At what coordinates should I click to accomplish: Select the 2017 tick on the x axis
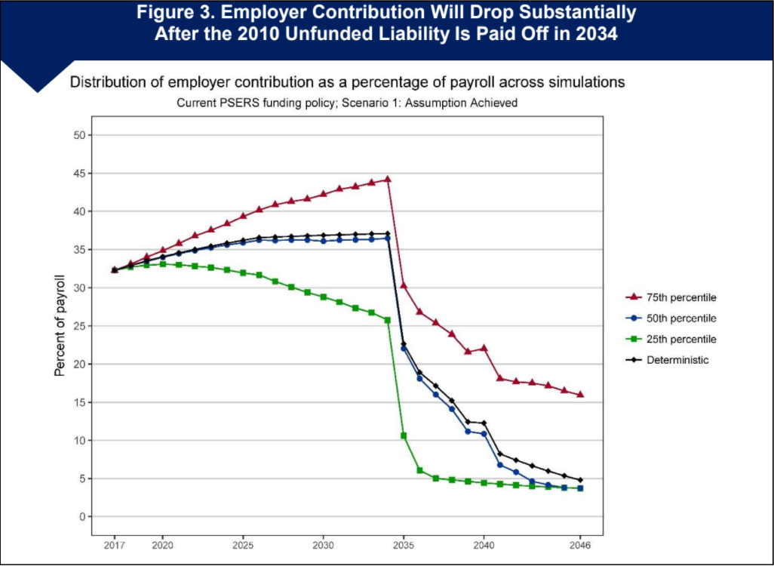(114, 544)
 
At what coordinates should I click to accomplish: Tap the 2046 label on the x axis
(580, 544)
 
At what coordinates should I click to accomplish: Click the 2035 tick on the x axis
(404, 544)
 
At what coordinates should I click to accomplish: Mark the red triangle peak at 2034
(388, 179)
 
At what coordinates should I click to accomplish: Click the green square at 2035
(404, 435)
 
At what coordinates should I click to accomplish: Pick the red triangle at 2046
(580, 394)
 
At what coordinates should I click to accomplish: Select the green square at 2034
(388, 320)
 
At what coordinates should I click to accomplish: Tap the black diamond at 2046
(580, 480)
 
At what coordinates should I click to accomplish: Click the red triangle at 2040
(484, 348)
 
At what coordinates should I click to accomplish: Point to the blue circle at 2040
(484, 434)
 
